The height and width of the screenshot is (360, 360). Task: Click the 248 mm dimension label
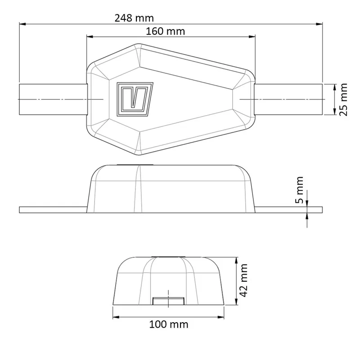pos(134,18)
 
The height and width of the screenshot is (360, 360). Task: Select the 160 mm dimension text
pos(165,31)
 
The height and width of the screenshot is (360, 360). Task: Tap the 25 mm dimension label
pos(343,99)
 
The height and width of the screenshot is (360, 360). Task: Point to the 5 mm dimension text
pos(299,190)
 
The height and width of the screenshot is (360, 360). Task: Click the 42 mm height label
pos(243,280)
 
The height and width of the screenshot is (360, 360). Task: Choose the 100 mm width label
pos(168,324)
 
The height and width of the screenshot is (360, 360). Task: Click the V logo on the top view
pos(135,99)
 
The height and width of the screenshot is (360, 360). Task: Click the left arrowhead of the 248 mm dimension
pos(22,24)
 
